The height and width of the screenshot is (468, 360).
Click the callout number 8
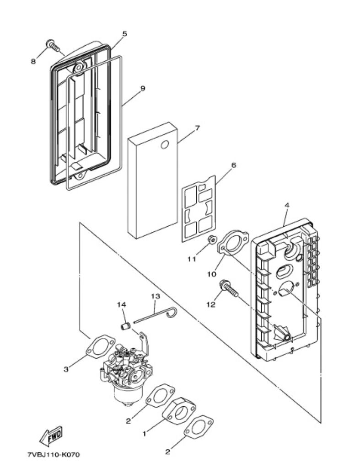coord(33,61)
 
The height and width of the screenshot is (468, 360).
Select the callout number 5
coord(124,34)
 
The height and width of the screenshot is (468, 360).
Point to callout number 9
coord(143,88)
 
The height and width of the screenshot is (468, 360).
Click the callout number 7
coord(197,128)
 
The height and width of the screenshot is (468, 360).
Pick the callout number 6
coord(233,165)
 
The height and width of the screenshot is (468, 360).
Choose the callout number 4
coord(287,205)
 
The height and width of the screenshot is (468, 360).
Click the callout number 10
coord(211,274)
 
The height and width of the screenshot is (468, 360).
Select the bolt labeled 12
coord(229,288)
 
